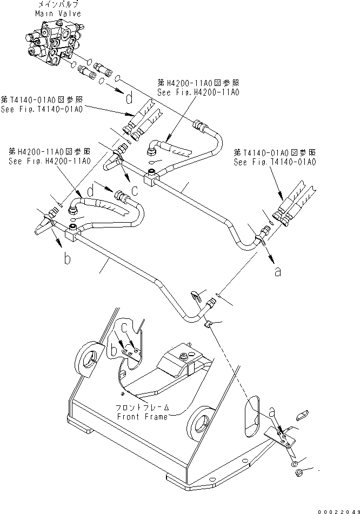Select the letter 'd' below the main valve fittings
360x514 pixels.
pyautogui.click(x=129, y=99)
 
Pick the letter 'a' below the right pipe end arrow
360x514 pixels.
pyautogui.click(x=277, y=272)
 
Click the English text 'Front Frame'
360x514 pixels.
pyautogui.click(x=142, y=416)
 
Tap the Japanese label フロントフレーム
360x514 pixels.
pyautogui.click(x=142, y=408)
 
